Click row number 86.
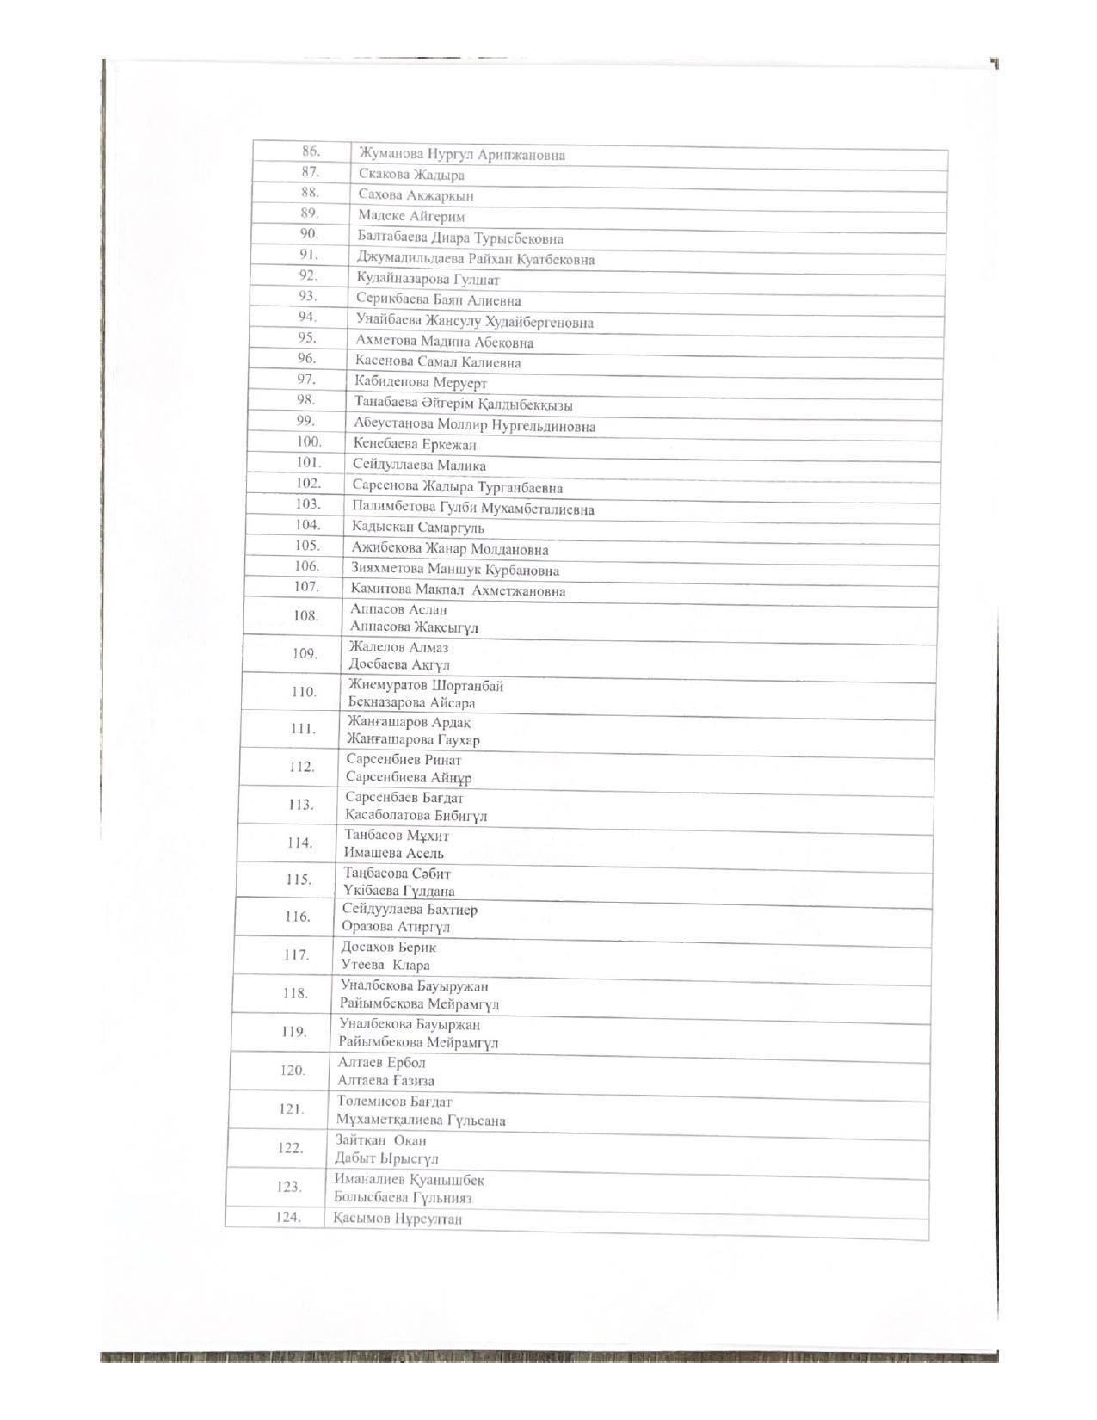[311, 151]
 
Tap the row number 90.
[309, 234]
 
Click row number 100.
[308, 442]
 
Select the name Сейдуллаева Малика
[419, 466]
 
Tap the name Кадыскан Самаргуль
[417, 528]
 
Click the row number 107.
[306, 587]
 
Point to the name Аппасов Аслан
[398, 609]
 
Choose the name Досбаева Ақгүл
[399, 664]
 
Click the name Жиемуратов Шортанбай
[426, 686]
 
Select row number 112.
[302, 767]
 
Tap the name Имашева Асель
[394, 853]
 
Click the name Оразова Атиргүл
[396, 927]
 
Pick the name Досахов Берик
[388, 948]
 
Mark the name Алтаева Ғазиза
[386, 1081]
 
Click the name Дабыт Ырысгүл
[386, 1158]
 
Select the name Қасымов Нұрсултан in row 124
[398, 1219]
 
